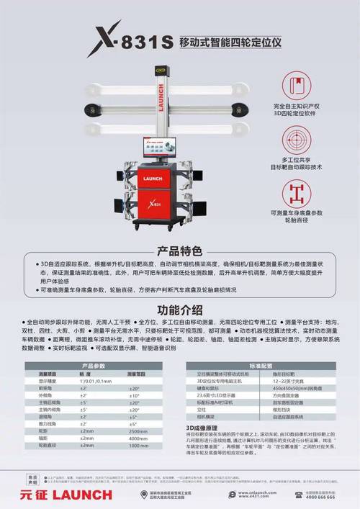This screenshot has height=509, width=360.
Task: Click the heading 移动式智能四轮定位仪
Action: [228, 42]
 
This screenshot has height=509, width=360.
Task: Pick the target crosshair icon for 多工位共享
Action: [297, 138]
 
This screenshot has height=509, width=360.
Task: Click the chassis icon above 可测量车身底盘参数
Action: [297, 192]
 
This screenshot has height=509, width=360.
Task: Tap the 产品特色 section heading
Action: [179, 251]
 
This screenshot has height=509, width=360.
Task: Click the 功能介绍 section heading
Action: [179, 309]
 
